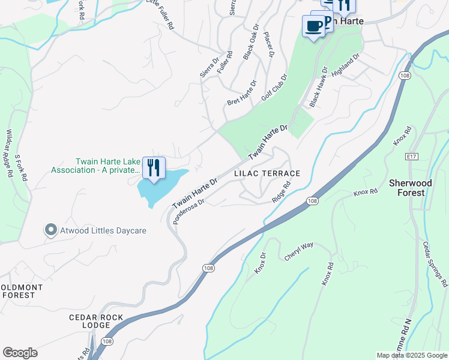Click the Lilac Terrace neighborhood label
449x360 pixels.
coord(267,173)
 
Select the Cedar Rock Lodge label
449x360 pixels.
coord(96,321)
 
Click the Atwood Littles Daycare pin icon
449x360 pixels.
coord(51,230)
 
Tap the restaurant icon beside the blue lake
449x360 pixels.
coord(154,167)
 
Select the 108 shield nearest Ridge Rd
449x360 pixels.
coord(311,200)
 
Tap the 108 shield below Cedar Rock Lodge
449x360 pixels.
coord(106,341)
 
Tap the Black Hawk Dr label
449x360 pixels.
coord(318,87)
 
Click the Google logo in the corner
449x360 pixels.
coord(20,353)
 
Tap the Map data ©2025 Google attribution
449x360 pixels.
coord(412,355)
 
